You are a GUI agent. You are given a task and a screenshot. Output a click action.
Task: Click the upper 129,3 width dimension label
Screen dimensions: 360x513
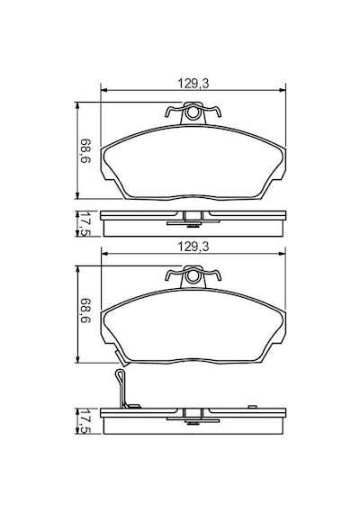click(193, 84)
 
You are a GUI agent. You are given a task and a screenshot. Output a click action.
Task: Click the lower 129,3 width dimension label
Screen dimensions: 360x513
click(193, 247)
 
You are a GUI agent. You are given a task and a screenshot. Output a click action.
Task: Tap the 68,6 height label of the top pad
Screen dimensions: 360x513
click(85, 151)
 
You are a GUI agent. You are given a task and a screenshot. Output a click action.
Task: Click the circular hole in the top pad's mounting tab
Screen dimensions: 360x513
click(193, 113)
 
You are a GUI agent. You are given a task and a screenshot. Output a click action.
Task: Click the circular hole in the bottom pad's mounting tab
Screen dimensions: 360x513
click(193, 276)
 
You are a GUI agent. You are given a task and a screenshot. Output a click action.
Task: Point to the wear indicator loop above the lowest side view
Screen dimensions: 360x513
click(120, 376)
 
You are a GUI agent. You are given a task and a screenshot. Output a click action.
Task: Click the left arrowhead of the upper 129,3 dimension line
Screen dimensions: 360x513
click(104, 90)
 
